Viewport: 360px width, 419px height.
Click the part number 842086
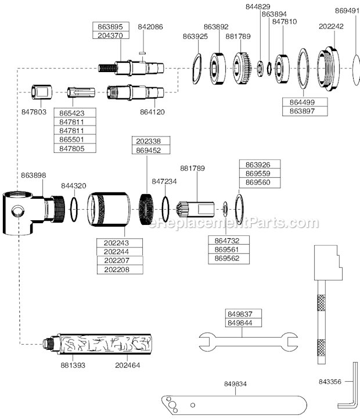pos(150,27)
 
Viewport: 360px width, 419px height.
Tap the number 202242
pos(331,27)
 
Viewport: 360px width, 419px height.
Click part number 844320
pos(74,186)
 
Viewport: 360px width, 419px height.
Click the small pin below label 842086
pos(142,53)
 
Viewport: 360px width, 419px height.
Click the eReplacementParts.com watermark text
pos(233,223)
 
